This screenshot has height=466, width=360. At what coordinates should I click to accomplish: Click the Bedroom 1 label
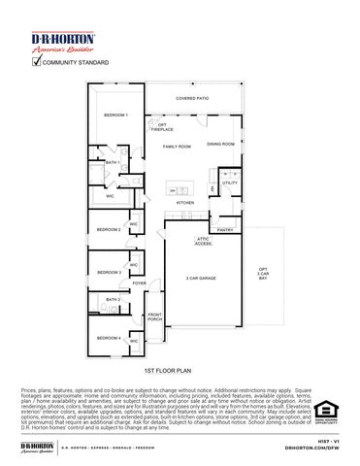point(115,116)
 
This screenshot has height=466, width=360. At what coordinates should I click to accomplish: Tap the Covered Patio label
point(191,98)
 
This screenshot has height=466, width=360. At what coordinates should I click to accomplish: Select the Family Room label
point(177,146)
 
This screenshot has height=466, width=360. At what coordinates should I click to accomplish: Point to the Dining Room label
point(220,144)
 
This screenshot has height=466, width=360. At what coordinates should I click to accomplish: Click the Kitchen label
point(185,202)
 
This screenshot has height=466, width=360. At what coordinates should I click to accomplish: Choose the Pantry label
point(225,230)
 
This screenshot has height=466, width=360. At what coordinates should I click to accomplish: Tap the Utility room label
point(230,183)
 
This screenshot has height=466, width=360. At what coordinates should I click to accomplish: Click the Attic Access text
point(204,241)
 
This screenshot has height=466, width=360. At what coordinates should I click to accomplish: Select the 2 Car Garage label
point(202,279)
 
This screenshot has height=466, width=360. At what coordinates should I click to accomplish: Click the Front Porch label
point(155,317)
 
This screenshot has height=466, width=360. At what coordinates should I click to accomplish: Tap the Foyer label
point(140,283)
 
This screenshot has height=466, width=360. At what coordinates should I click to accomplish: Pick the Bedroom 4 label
point(109,338)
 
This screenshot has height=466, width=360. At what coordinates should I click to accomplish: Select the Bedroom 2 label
point(109,229)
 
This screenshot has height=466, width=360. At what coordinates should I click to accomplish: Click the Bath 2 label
point(113,301)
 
